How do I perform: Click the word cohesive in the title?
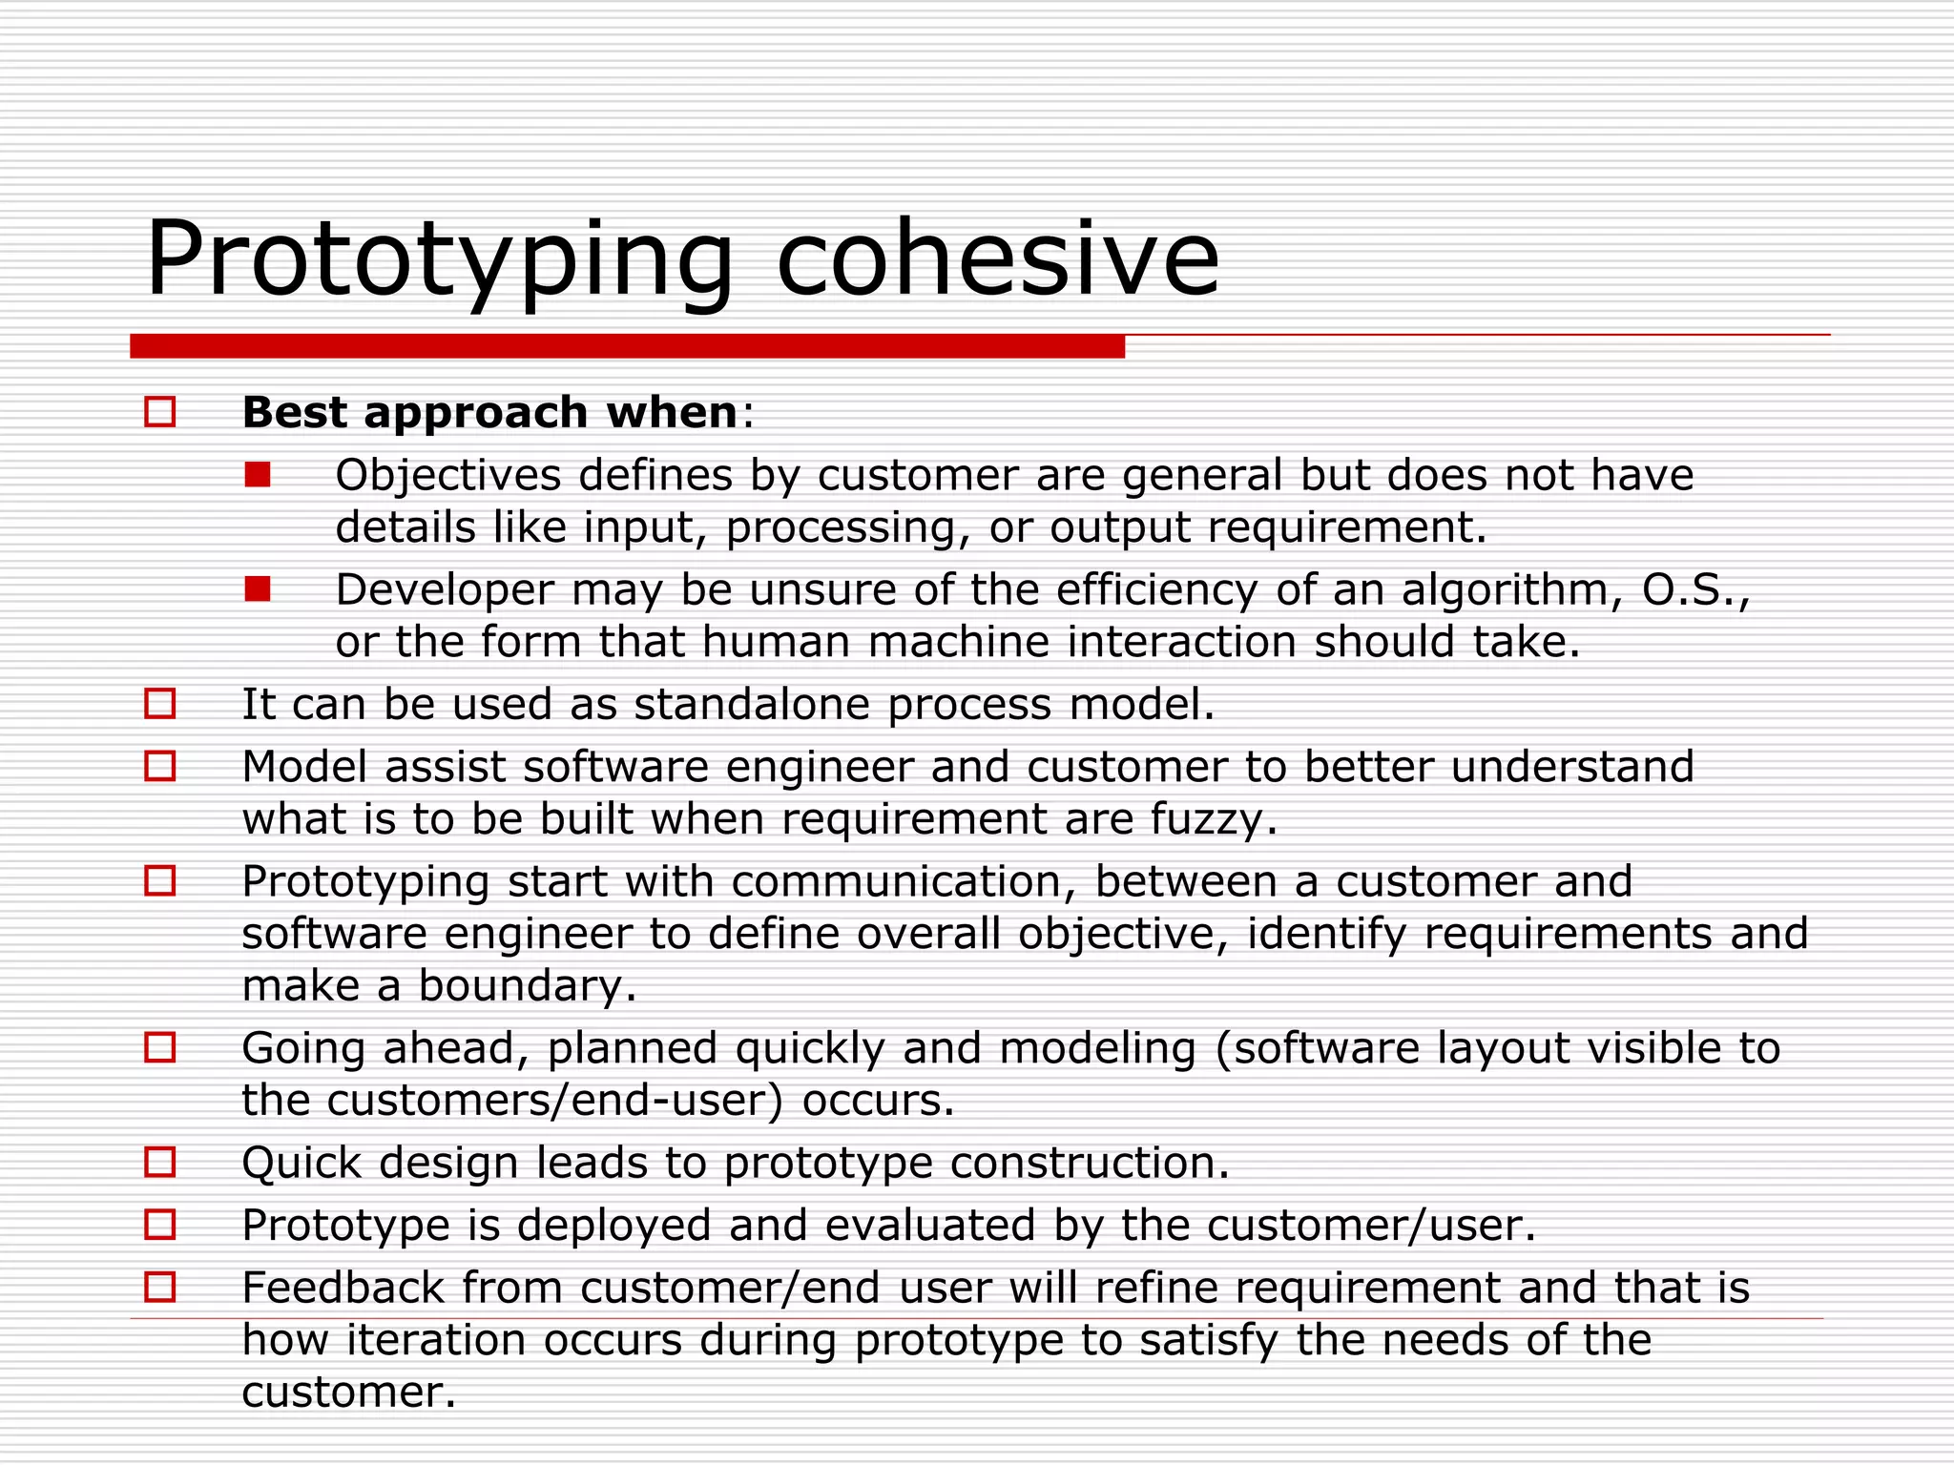click(x=997, y=259)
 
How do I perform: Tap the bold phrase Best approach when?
click(x=489, y=413)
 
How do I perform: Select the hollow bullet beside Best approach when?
click(x=160, y=412)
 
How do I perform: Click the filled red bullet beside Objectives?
click(x=258, y=474)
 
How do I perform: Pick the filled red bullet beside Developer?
click(x=258, y=589)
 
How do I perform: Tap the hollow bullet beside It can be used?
click(x=160, y=704)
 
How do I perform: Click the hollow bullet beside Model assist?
click(x=160, y=766)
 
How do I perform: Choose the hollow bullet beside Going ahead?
click(x=160, y=1047)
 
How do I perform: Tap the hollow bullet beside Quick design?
click(x=160, y=1162)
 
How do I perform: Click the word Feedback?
click(x=343, y=1288)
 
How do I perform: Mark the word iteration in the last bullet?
click(x=435, y=1340)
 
